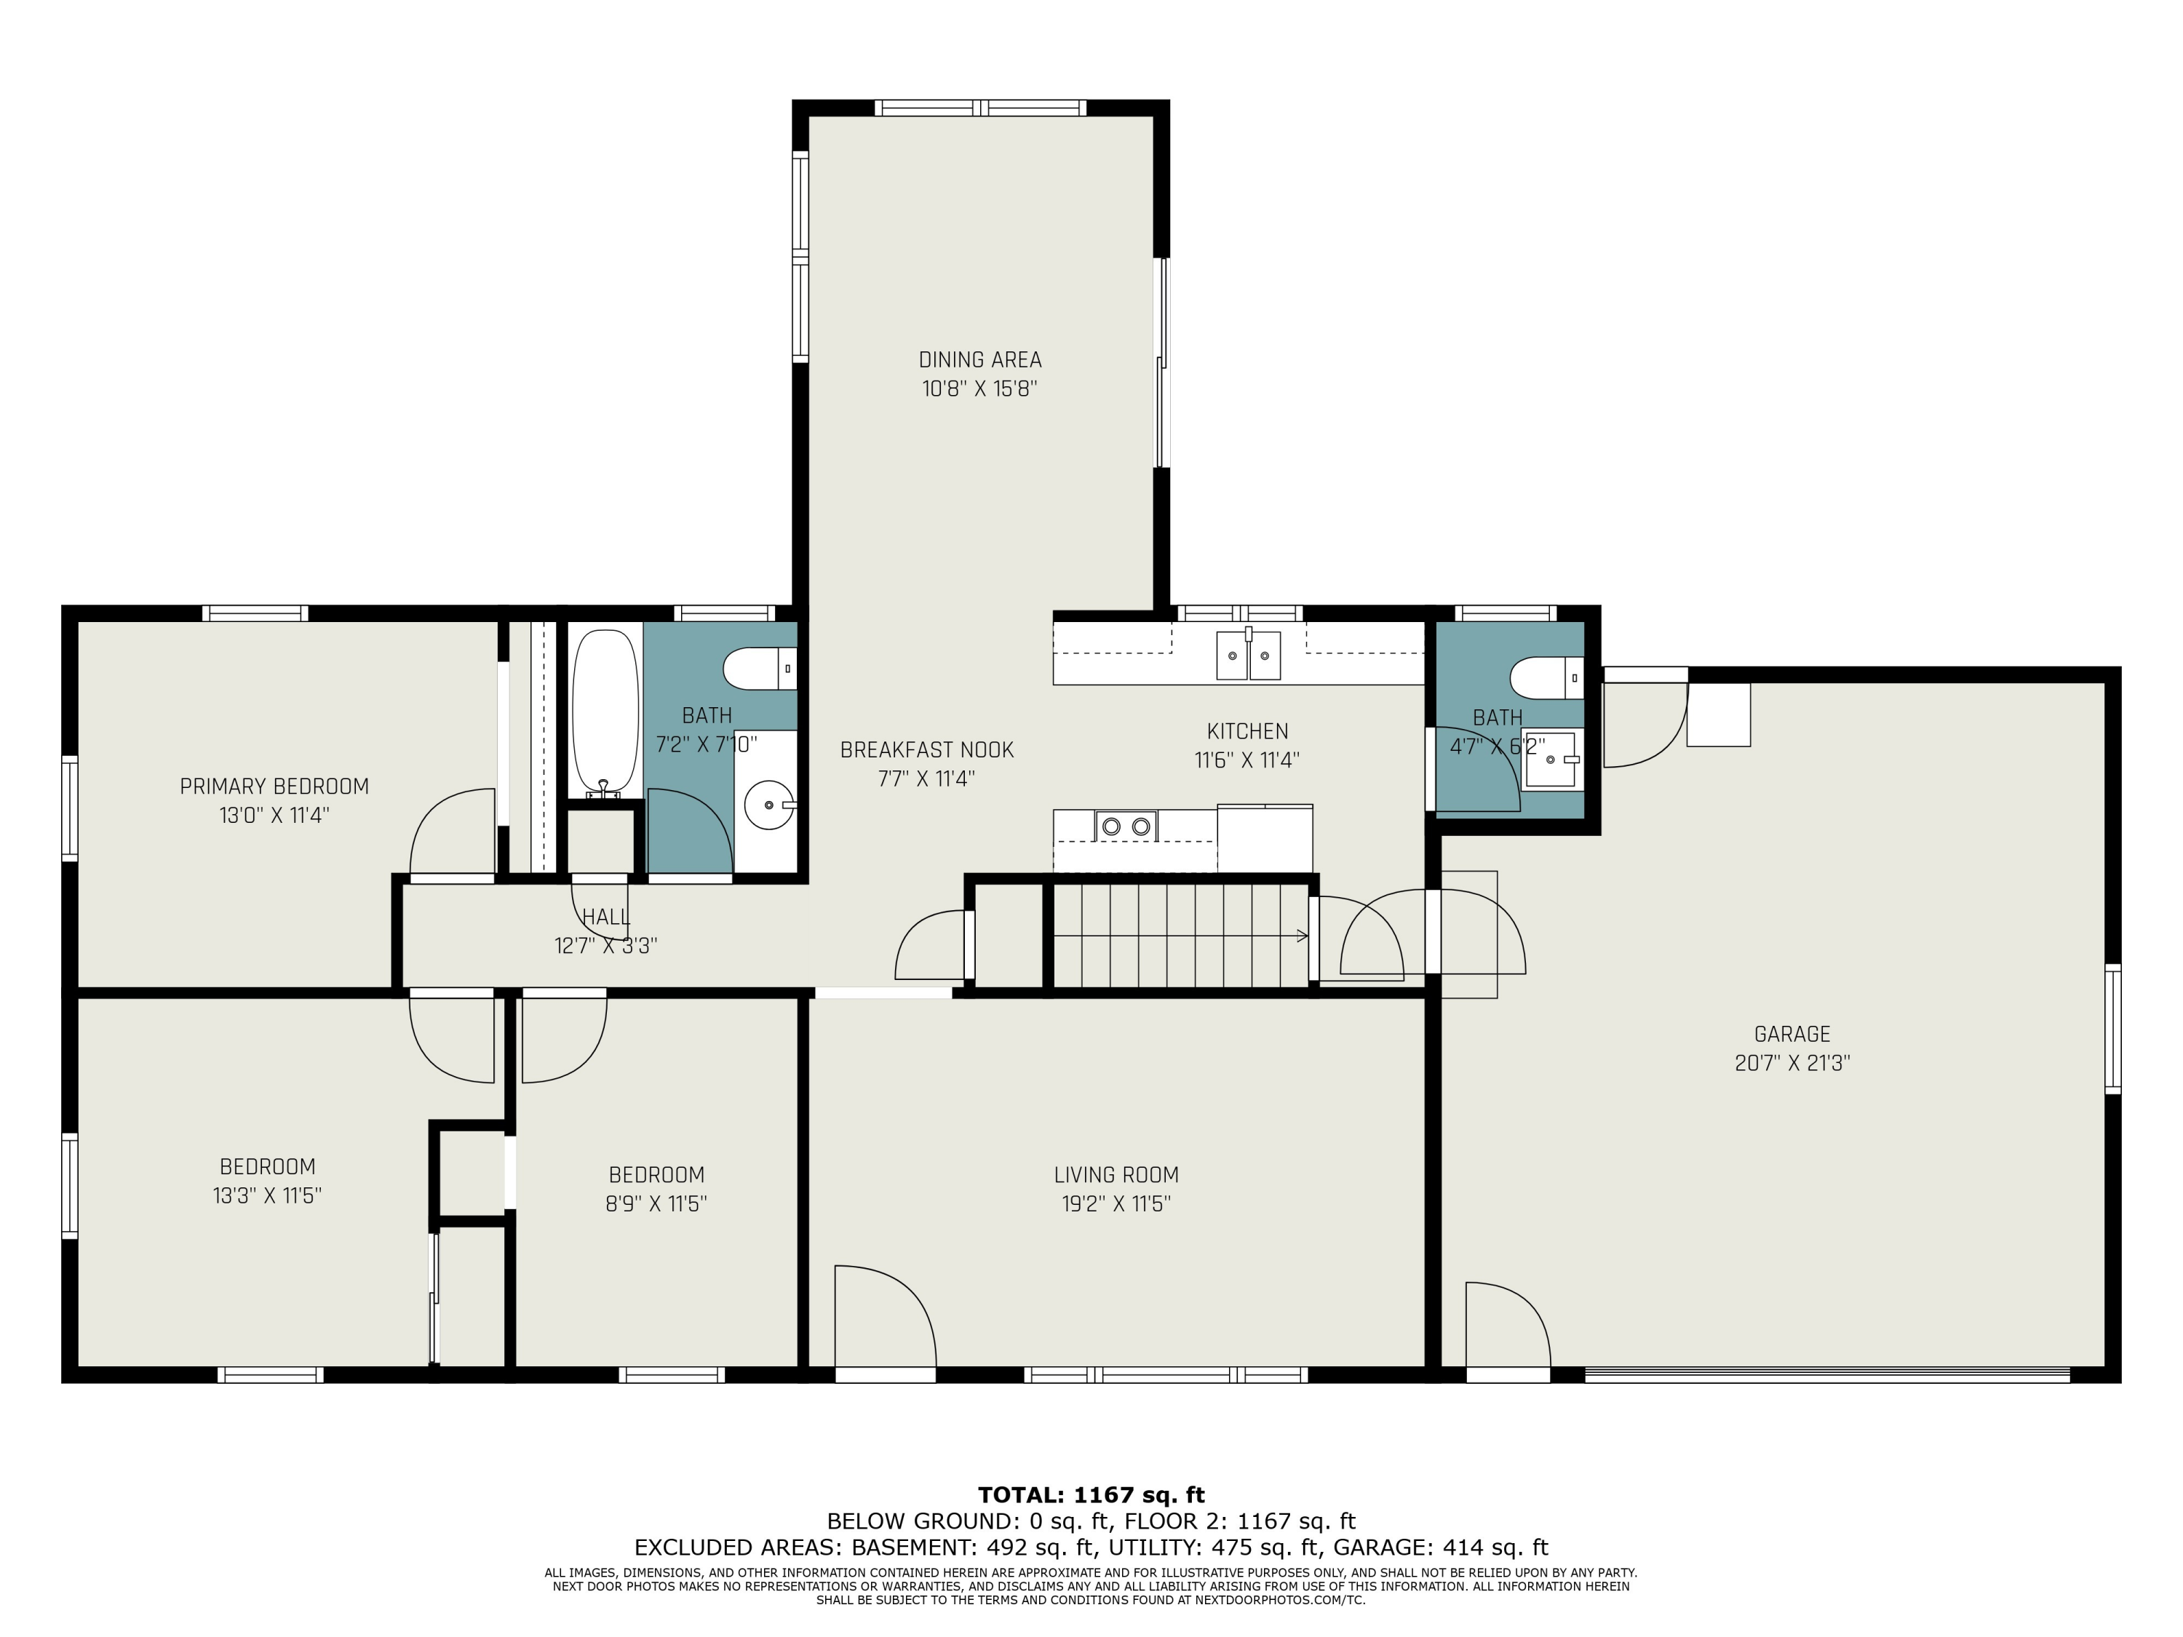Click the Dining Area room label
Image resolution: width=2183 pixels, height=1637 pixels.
click(x=980, y=360)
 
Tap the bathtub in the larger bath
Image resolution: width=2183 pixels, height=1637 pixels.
click(x=605, y=712)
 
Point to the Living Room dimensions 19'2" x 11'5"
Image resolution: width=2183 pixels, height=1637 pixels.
click(x=1116, y=1204)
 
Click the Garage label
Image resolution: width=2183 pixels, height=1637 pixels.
click(x=1792, y=1034)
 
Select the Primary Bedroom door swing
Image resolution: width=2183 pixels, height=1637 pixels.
click(x=452, y=831)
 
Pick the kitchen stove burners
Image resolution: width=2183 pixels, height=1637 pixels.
click(x=1126, y=826)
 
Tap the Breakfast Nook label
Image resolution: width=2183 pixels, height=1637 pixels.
click(x=927, y=750)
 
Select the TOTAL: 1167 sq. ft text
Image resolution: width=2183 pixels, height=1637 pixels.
click(x=1091, y=1495)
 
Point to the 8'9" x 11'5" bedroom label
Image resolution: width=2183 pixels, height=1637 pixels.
click(x=656, y=1175)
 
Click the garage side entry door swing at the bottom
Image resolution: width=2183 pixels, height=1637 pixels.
click(x=1508, y=1325)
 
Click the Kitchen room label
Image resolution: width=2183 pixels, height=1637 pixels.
click(x=1247, y=731)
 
